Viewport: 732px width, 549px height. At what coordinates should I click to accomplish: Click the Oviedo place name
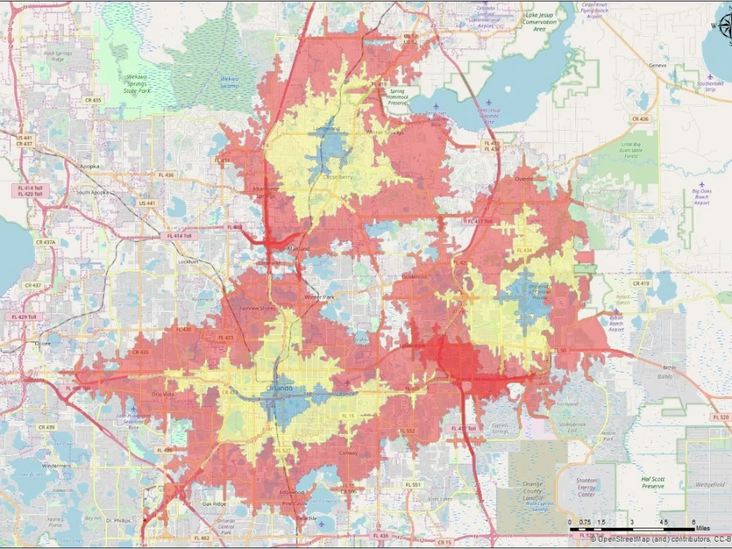coord(522,178)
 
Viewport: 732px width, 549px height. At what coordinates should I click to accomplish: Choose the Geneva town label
coord(657,65)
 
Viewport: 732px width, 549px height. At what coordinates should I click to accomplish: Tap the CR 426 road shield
coord(640,118)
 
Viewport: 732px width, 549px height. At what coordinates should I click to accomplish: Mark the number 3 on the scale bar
coord(632,521)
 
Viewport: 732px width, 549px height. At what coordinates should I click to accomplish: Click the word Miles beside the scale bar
coord(703,528)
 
